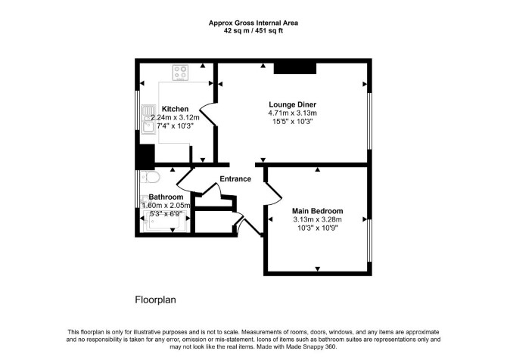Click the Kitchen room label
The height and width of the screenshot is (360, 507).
175,109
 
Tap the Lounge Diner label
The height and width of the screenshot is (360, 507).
292,104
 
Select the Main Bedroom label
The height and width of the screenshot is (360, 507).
317,211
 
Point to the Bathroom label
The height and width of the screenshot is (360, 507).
166,197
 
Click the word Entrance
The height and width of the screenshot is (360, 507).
235,179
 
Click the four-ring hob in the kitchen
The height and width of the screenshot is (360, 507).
180,73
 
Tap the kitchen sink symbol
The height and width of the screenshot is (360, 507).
148,119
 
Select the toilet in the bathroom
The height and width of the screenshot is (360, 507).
151,177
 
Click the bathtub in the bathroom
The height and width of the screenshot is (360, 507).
165,221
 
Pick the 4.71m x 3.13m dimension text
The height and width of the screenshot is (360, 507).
292,113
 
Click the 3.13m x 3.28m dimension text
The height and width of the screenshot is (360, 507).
317,220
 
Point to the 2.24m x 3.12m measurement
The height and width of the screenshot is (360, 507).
175,118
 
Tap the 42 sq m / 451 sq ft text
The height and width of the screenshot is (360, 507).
253,31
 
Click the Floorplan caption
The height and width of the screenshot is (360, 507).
155,300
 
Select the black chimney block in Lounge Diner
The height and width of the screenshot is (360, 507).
295,68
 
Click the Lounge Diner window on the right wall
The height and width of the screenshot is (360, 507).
369,122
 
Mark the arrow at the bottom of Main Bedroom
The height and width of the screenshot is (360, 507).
318,269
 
